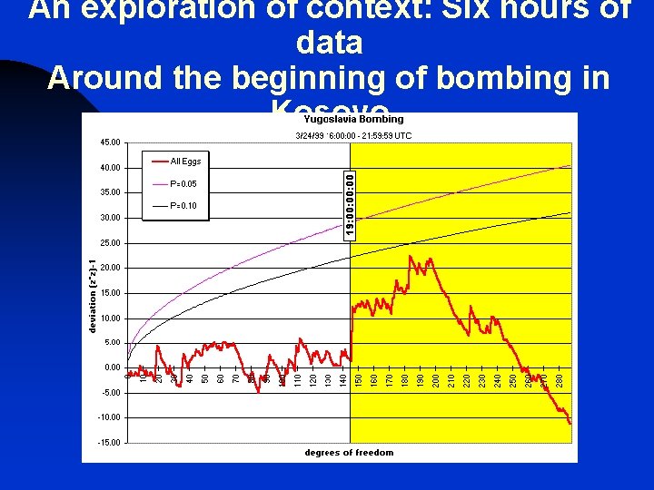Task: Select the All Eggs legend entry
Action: pos(185,162)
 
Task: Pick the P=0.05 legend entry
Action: pos(183,184)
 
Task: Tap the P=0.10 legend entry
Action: pos(183,206)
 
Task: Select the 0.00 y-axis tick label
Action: pos(111,367)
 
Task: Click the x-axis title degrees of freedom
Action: pos(350,453)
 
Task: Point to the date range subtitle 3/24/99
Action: pos(353,136)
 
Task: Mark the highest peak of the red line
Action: pos(411,257)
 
